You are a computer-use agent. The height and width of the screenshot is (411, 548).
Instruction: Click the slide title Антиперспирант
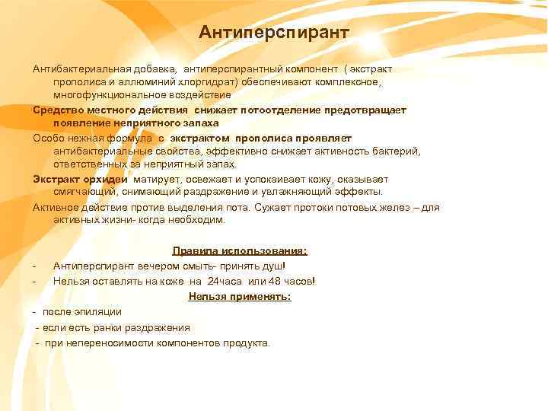[273, 33]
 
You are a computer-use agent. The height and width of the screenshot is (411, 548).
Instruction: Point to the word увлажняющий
[301, 193]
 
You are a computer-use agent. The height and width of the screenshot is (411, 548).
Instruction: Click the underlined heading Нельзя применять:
[240, 296]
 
